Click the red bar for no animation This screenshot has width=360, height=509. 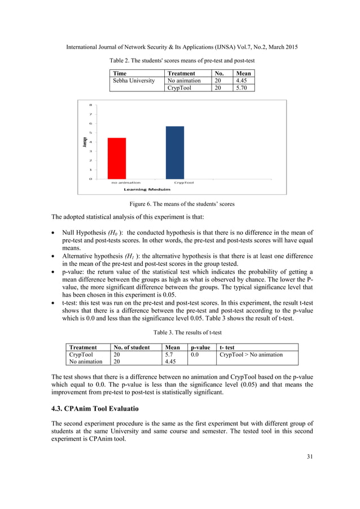(117, 158)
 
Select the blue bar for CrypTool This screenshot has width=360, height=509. (174, 152)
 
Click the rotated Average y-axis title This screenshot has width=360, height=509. (85, 142)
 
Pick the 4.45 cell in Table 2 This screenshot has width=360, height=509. (243, 81)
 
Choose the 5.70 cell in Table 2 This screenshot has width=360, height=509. (243, 88)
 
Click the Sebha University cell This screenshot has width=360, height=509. (134, 81)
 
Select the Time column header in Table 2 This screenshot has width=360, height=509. (120, 73)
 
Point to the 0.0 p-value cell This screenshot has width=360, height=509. (195, 354)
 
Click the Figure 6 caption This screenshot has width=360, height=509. (179, 204)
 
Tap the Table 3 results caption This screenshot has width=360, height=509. (179, 332)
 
